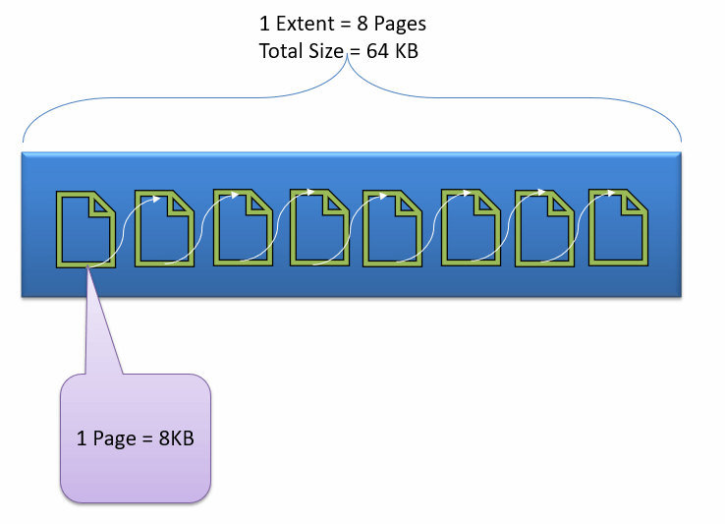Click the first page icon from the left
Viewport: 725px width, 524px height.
pyautogui.click(x=86, y=229)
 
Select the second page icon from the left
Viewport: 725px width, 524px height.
pyautogui.click(x=163, y=228)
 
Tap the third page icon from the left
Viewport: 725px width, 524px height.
pyautogui.click(x=243, y=228)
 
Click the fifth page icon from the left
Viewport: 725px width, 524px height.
pyautogui.click(x=391, y=228)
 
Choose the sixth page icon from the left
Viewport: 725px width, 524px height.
pyautogui.click(x=470, y=228)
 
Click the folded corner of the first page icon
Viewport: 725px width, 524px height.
pyautogui.click(x=102, y=204)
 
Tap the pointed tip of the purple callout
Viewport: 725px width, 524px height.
pyautogui.click(x=87, y=268)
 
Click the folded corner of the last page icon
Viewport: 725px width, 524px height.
pyautogui.click(x=634, y=201)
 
